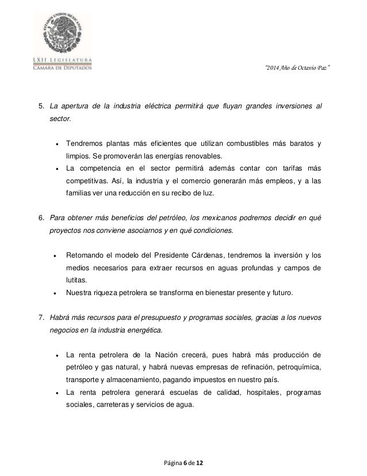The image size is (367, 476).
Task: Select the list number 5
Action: click(x=40, y=107)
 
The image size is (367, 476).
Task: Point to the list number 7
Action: click(x=40, y=318)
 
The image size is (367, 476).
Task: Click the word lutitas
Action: click(x=77, y=280)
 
